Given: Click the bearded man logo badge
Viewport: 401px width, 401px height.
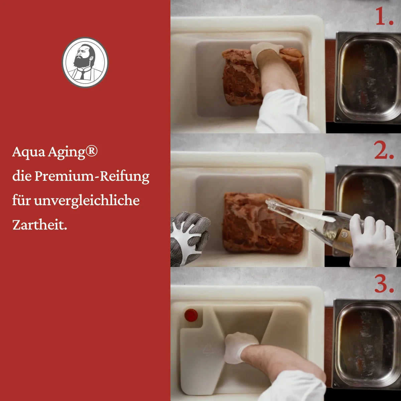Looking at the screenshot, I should tap(85, 62).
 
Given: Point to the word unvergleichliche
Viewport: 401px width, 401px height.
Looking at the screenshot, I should tap(87, 200).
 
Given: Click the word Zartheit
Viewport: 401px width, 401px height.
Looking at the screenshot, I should tap(39, 225).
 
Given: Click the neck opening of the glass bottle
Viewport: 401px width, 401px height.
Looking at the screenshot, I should tap(269, 204).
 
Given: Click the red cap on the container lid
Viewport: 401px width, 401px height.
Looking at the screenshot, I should tap(191, 315).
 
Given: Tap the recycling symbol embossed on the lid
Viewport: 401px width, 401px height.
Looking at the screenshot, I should tap(208, 350).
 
